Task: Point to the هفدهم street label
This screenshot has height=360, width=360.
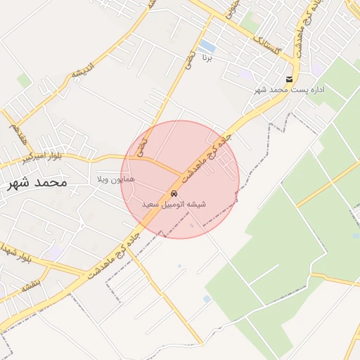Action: click(x=15, y=131)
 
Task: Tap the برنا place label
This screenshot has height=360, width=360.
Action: click(x=207, y=57)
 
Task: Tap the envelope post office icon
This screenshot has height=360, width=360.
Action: click(x=289, y=79)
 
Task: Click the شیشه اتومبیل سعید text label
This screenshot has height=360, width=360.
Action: click(x=174, y=204)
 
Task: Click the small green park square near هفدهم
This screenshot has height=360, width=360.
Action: click(x=25, y=81)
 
